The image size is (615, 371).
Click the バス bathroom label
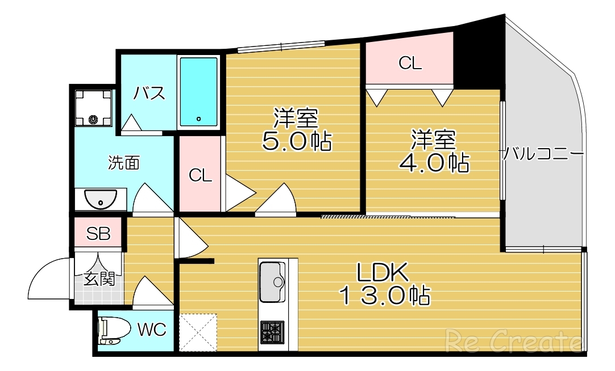(149, 93)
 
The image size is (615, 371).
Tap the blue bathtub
(198, 92)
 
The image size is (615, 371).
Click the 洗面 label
(124, 163)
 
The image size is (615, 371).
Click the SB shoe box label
(98, 234)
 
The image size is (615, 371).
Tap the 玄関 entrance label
(99, 279)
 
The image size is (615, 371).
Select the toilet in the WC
(110, 331)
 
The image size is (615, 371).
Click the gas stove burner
(272, 331)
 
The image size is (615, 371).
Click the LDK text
(383, 273)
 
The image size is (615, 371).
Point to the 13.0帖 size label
(384, 295)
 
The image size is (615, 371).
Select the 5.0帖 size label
(296, 141)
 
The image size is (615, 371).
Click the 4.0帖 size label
(434, 163)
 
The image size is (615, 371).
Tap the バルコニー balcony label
(542, 154)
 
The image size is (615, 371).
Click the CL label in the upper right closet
(410, 63)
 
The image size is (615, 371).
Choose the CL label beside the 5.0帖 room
(200, 175)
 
